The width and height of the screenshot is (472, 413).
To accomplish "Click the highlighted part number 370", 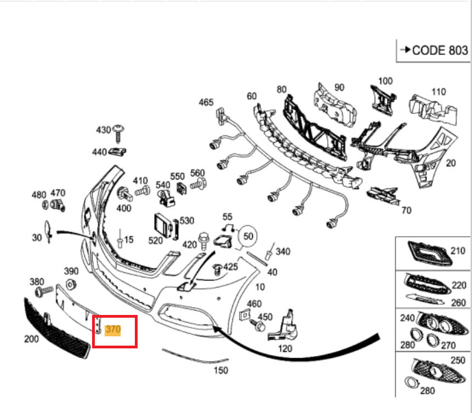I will [113, 330].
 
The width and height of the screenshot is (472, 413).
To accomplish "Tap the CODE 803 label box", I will [434, 50].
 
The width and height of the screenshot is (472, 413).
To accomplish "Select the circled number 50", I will [248, 236].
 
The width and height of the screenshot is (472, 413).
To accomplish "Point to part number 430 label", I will [104, 130].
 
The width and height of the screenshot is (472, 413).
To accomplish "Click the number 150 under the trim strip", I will [220, 371].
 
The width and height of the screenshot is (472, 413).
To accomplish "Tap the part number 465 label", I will [206, 102].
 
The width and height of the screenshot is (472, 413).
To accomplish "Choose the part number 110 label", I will [439, 92].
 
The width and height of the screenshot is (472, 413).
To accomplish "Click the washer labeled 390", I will [71, 284].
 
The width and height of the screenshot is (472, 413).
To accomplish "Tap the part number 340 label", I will [283, 251].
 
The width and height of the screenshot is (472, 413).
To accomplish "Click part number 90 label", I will [339, 88].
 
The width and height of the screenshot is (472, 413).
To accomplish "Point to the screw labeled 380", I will [46, 289].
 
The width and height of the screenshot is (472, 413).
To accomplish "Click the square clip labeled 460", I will [245, 316].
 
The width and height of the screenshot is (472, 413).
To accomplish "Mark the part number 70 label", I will [406, 210].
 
